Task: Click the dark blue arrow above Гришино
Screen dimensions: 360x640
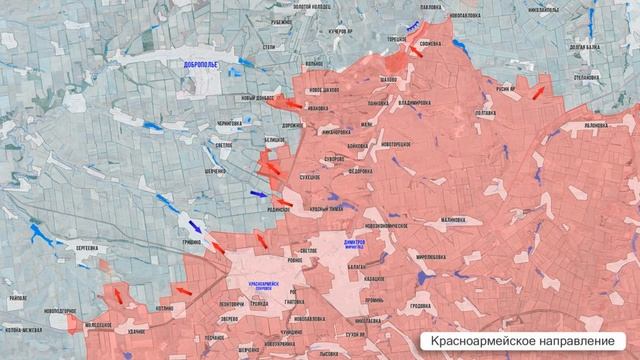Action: pos(193,222)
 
